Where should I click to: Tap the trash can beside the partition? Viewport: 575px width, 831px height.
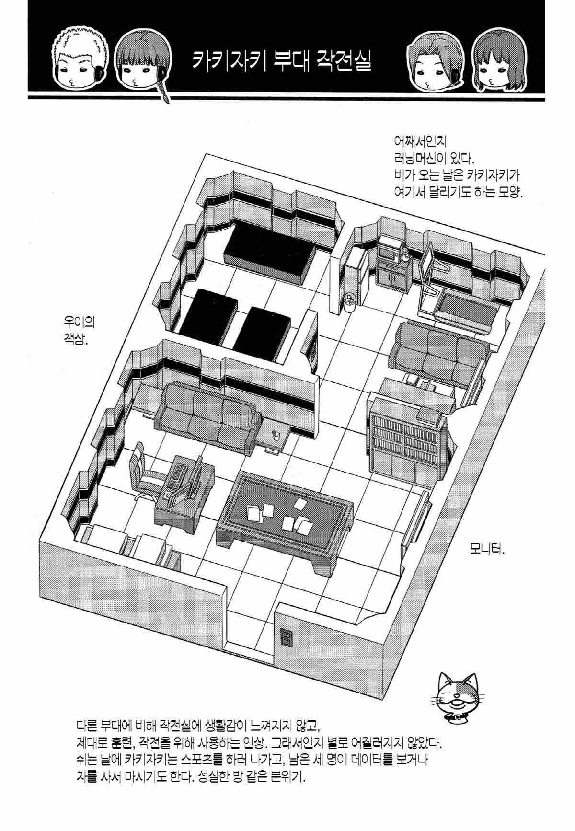[x=350, y=302]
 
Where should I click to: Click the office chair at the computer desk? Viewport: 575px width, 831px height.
[x=146, y=472]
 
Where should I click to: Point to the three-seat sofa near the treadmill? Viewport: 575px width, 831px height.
[x=437, y=353]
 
